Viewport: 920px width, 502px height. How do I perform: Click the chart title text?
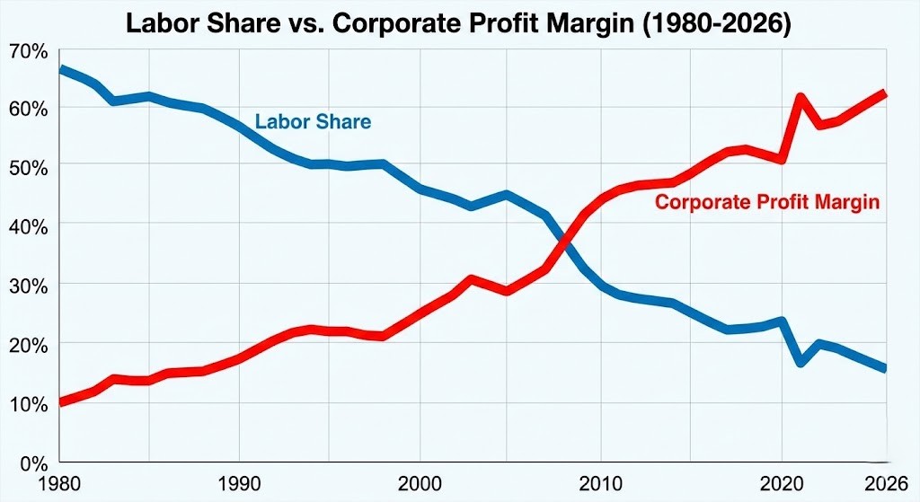coord(459,22)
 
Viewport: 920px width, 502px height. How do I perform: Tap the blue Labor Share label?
coord(313,121)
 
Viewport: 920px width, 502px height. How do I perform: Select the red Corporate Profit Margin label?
coord(766,202)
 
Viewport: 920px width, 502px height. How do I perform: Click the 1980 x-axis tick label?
coord(59,484)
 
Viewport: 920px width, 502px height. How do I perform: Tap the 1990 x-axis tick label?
coord(240,484)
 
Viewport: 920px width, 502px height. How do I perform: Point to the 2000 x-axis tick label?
coord(420,484)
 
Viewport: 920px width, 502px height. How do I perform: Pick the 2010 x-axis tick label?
coord(600,484)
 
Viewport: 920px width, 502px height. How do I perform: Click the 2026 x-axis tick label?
coord(885,484)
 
